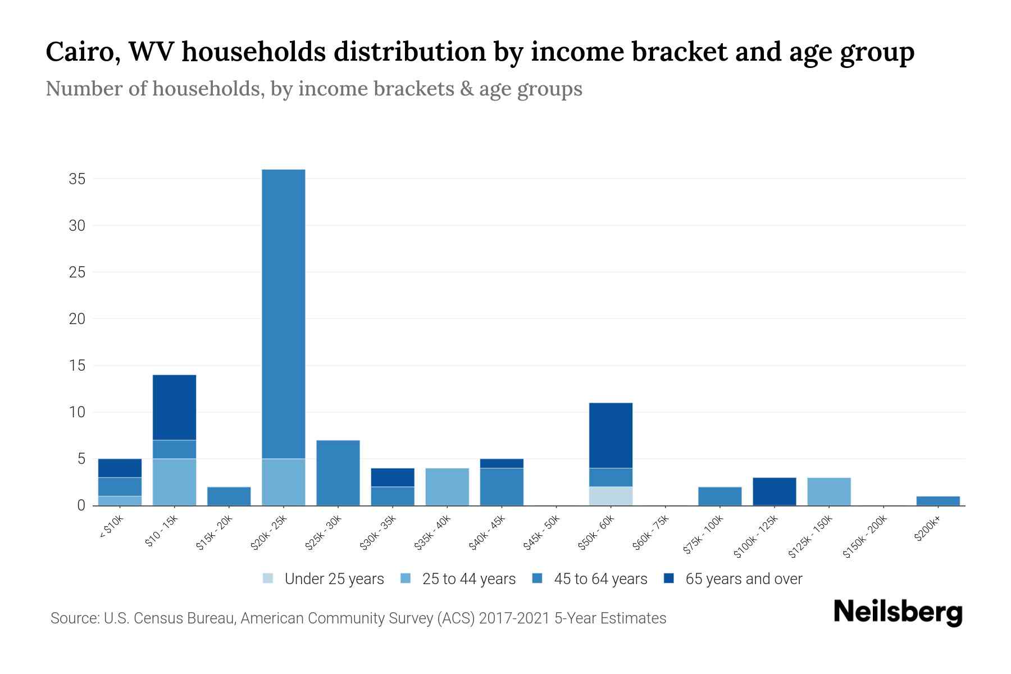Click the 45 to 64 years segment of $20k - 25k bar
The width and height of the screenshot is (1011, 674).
pyautogui.click(x=284, y=314)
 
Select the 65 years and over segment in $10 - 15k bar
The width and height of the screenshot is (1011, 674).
pyautogui.click(x=175, y=407)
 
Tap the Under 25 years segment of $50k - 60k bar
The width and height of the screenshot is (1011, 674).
pyautogui.click(x=611, y=496)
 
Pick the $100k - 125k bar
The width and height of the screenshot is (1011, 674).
pyautogui.click(x=774, y=491)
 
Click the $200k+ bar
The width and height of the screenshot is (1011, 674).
pyautogui.click(x=937, y=501)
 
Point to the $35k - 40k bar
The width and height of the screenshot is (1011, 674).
pyautogui.click(x=447, y=487)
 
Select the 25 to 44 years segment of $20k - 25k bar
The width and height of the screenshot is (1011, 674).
pyautogui.click(x=284, y=482)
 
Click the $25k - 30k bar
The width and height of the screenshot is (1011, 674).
pyautogui.click(x=338, y=473)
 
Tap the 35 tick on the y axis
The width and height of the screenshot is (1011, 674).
pyautogui.click(x=77, y=179)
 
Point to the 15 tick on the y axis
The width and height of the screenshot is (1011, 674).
pyautogui.click(x=77, y=366)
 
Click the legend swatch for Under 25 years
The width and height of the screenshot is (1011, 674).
pyautogui.click(x=268, y=579)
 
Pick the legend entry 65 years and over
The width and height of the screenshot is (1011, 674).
pyautogui.click(x=743, y=579)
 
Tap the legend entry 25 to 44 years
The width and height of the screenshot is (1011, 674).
pyautogui.click(x=468, y=579)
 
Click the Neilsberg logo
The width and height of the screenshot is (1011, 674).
pyautogui.click(x=898, y=612)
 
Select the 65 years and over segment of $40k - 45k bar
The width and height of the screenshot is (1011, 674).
pyautogui.click(x=502, y=463)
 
